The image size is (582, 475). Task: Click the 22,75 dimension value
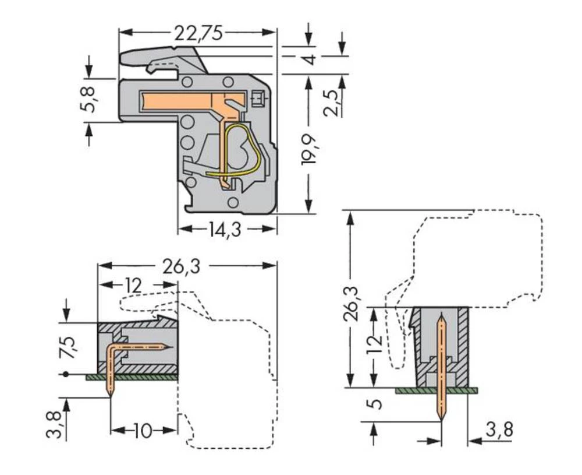198,34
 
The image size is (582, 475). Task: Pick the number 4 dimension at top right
311,59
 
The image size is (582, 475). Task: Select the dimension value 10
143,431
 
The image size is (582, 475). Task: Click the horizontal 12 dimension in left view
133,285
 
